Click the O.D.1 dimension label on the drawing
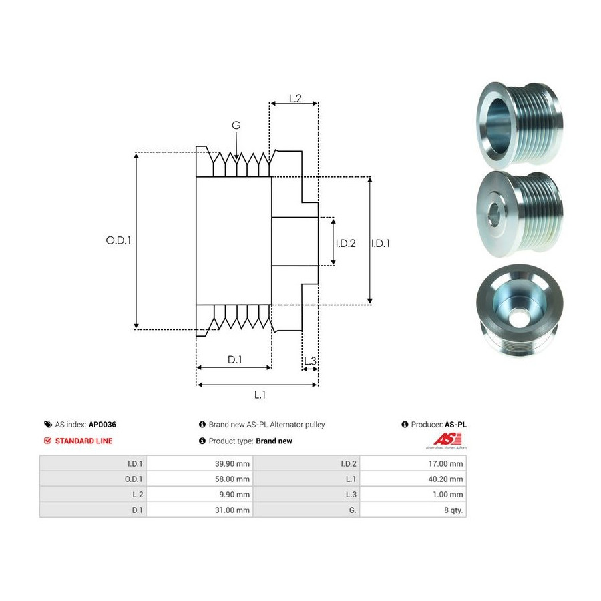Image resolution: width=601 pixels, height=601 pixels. click(118, 240)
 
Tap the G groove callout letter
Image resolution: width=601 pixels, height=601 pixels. click(236, 125)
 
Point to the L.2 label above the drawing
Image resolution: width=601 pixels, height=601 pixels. click(295, 99)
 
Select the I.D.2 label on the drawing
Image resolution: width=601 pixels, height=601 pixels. click(345, 243)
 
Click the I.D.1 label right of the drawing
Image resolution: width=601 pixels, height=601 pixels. click(380, 243)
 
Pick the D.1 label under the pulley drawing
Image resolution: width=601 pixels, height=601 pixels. click(234, 359)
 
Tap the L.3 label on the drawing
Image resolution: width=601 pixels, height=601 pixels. click(310, 361)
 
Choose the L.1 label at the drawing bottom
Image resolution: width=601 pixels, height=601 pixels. click(260, 395)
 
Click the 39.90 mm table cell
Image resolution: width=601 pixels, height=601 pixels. click(232, 464)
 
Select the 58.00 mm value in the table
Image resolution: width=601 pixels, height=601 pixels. click(232, 479)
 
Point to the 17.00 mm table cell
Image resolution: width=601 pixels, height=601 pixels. click(445, 464)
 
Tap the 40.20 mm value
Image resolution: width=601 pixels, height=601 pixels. click(445, 479)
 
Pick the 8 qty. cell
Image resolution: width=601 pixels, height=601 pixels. click(453, 510)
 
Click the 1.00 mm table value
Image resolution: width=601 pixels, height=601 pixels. click(447, 494)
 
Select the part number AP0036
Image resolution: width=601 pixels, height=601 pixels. click(102, 424)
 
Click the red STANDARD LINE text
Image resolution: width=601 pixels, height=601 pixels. click(83, 441)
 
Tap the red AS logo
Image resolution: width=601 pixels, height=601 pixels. click(447, 439)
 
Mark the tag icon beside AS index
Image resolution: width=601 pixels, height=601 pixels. click(48, 424)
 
